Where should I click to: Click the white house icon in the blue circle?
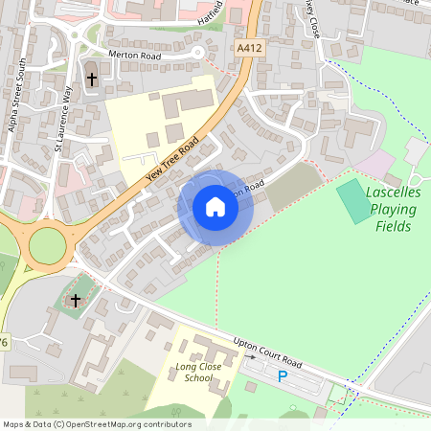point(215,207)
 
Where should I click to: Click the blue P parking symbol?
point(282,376)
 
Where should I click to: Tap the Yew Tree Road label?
point(171,158)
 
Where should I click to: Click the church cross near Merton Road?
point(92,79)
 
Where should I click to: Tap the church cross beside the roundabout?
point(76,302)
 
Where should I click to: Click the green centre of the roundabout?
point(47,246)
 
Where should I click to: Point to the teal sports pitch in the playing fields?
point(356,201)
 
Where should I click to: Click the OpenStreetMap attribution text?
point(97,423)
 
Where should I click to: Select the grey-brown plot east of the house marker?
point(293,187)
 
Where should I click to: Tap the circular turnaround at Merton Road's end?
point(198,53)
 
